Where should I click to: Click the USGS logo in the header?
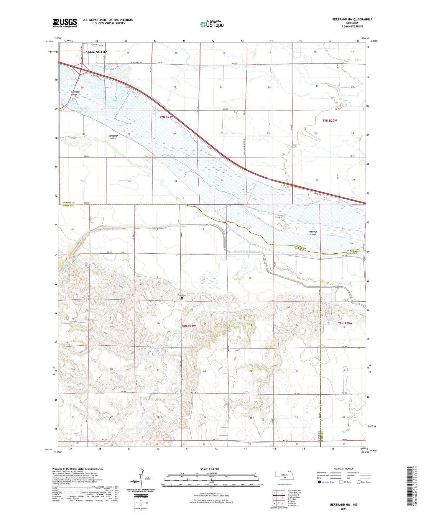[x=65, y=23]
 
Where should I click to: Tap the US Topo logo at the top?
[x=212, y=24]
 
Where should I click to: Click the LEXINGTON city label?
[x=98, y=52]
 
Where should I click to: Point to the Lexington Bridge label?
[x=75, y=93]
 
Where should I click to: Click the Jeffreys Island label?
[x=312, y=233]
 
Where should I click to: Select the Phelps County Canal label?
[x=241, y=252]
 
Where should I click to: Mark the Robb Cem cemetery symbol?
[x=182, y=298]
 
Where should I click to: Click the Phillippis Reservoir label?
[x=154, y=350]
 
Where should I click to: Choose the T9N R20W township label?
[x=329, y=121]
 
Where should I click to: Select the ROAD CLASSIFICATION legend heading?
[x=343, y=469]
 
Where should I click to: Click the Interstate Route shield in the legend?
[x=320, y=482]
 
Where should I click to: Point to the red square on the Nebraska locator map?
[x=285, y=478]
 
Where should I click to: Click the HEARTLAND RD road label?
[x=136, y=63]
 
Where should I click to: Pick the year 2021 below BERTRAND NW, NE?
[x=343, y=509]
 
